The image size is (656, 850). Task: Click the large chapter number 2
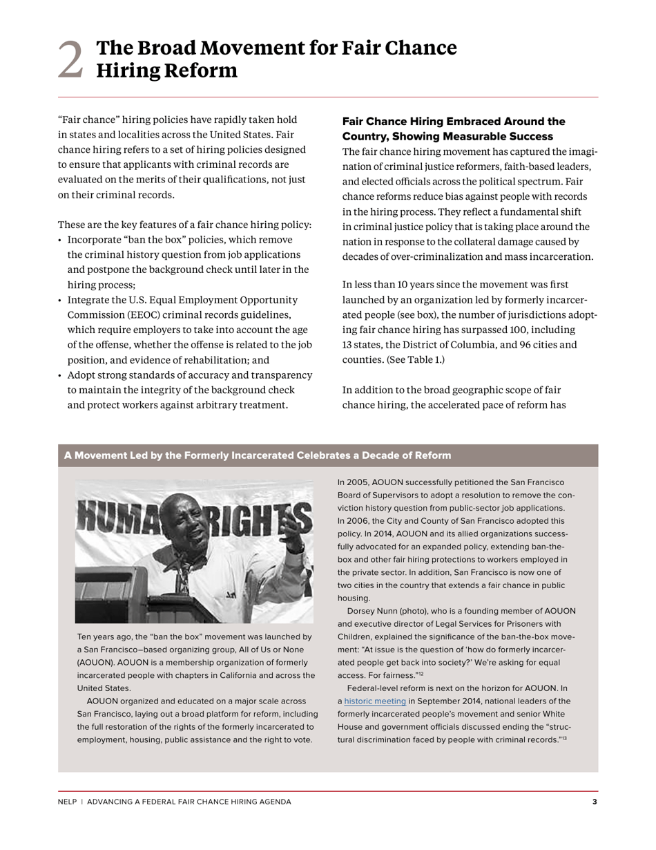[x=70, y=59]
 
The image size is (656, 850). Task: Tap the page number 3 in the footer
[x=595, y=802]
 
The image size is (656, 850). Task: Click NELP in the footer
[x=67, y=802]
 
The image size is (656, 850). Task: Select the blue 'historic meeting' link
[x=375, y=701]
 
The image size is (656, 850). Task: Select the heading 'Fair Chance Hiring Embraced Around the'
[x=454, y=122]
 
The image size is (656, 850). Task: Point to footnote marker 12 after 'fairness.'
[x=421, y=674]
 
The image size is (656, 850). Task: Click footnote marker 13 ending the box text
[x=563, y=739]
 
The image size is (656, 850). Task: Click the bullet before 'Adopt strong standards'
[x=60, y=376]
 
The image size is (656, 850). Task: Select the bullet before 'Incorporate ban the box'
[x=60, y=240]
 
